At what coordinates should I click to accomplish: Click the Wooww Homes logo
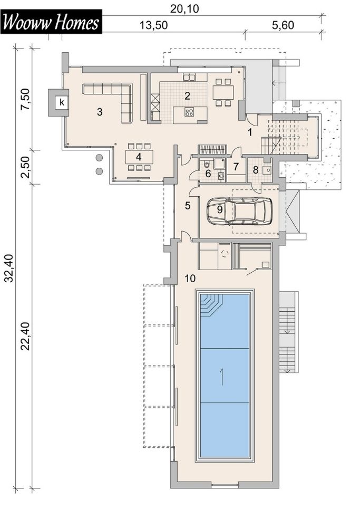pos(52,22)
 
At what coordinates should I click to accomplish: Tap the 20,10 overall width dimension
pos(184,9)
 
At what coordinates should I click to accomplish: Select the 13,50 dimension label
pos(153,25)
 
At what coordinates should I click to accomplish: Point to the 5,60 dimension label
pos(283,25)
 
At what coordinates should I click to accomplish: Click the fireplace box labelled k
pos(62,103)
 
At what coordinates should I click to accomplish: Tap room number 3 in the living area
pos(100,112)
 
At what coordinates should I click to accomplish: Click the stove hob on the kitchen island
pos(189,112)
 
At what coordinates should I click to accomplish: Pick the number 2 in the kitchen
pos(187,95)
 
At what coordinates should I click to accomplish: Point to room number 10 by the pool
pos(190,278)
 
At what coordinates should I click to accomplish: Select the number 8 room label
pos(256,170)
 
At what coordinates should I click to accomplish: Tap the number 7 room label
pos(236,167)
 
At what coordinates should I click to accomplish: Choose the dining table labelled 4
pos(139,157)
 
